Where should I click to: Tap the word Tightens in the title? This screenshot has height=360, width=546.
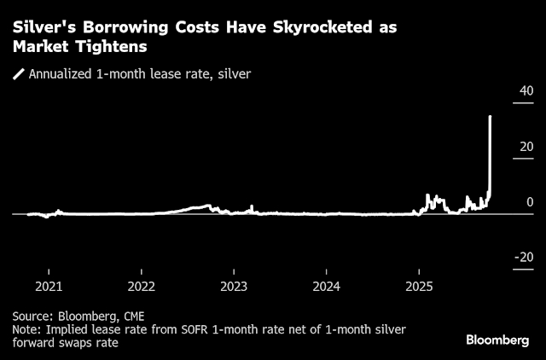click(x=113, y=47)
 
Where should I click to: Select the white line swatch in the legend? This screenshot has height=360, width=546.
click(x=18, y=74)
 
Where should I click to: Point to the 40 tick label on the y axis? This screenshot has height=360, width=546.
click(x=526, y=91)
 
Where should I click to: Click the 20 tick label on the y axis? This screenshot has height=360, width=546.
click(x=526, y=147)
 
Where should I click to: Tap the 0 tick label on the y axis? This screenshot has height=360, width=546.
click(x=530, y=202)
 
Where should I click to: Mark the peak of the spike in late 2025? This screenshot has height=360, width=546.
click(x=490, y=116)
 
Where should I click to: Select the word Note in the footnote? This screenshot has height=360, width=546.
click(x=26, y=328)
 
